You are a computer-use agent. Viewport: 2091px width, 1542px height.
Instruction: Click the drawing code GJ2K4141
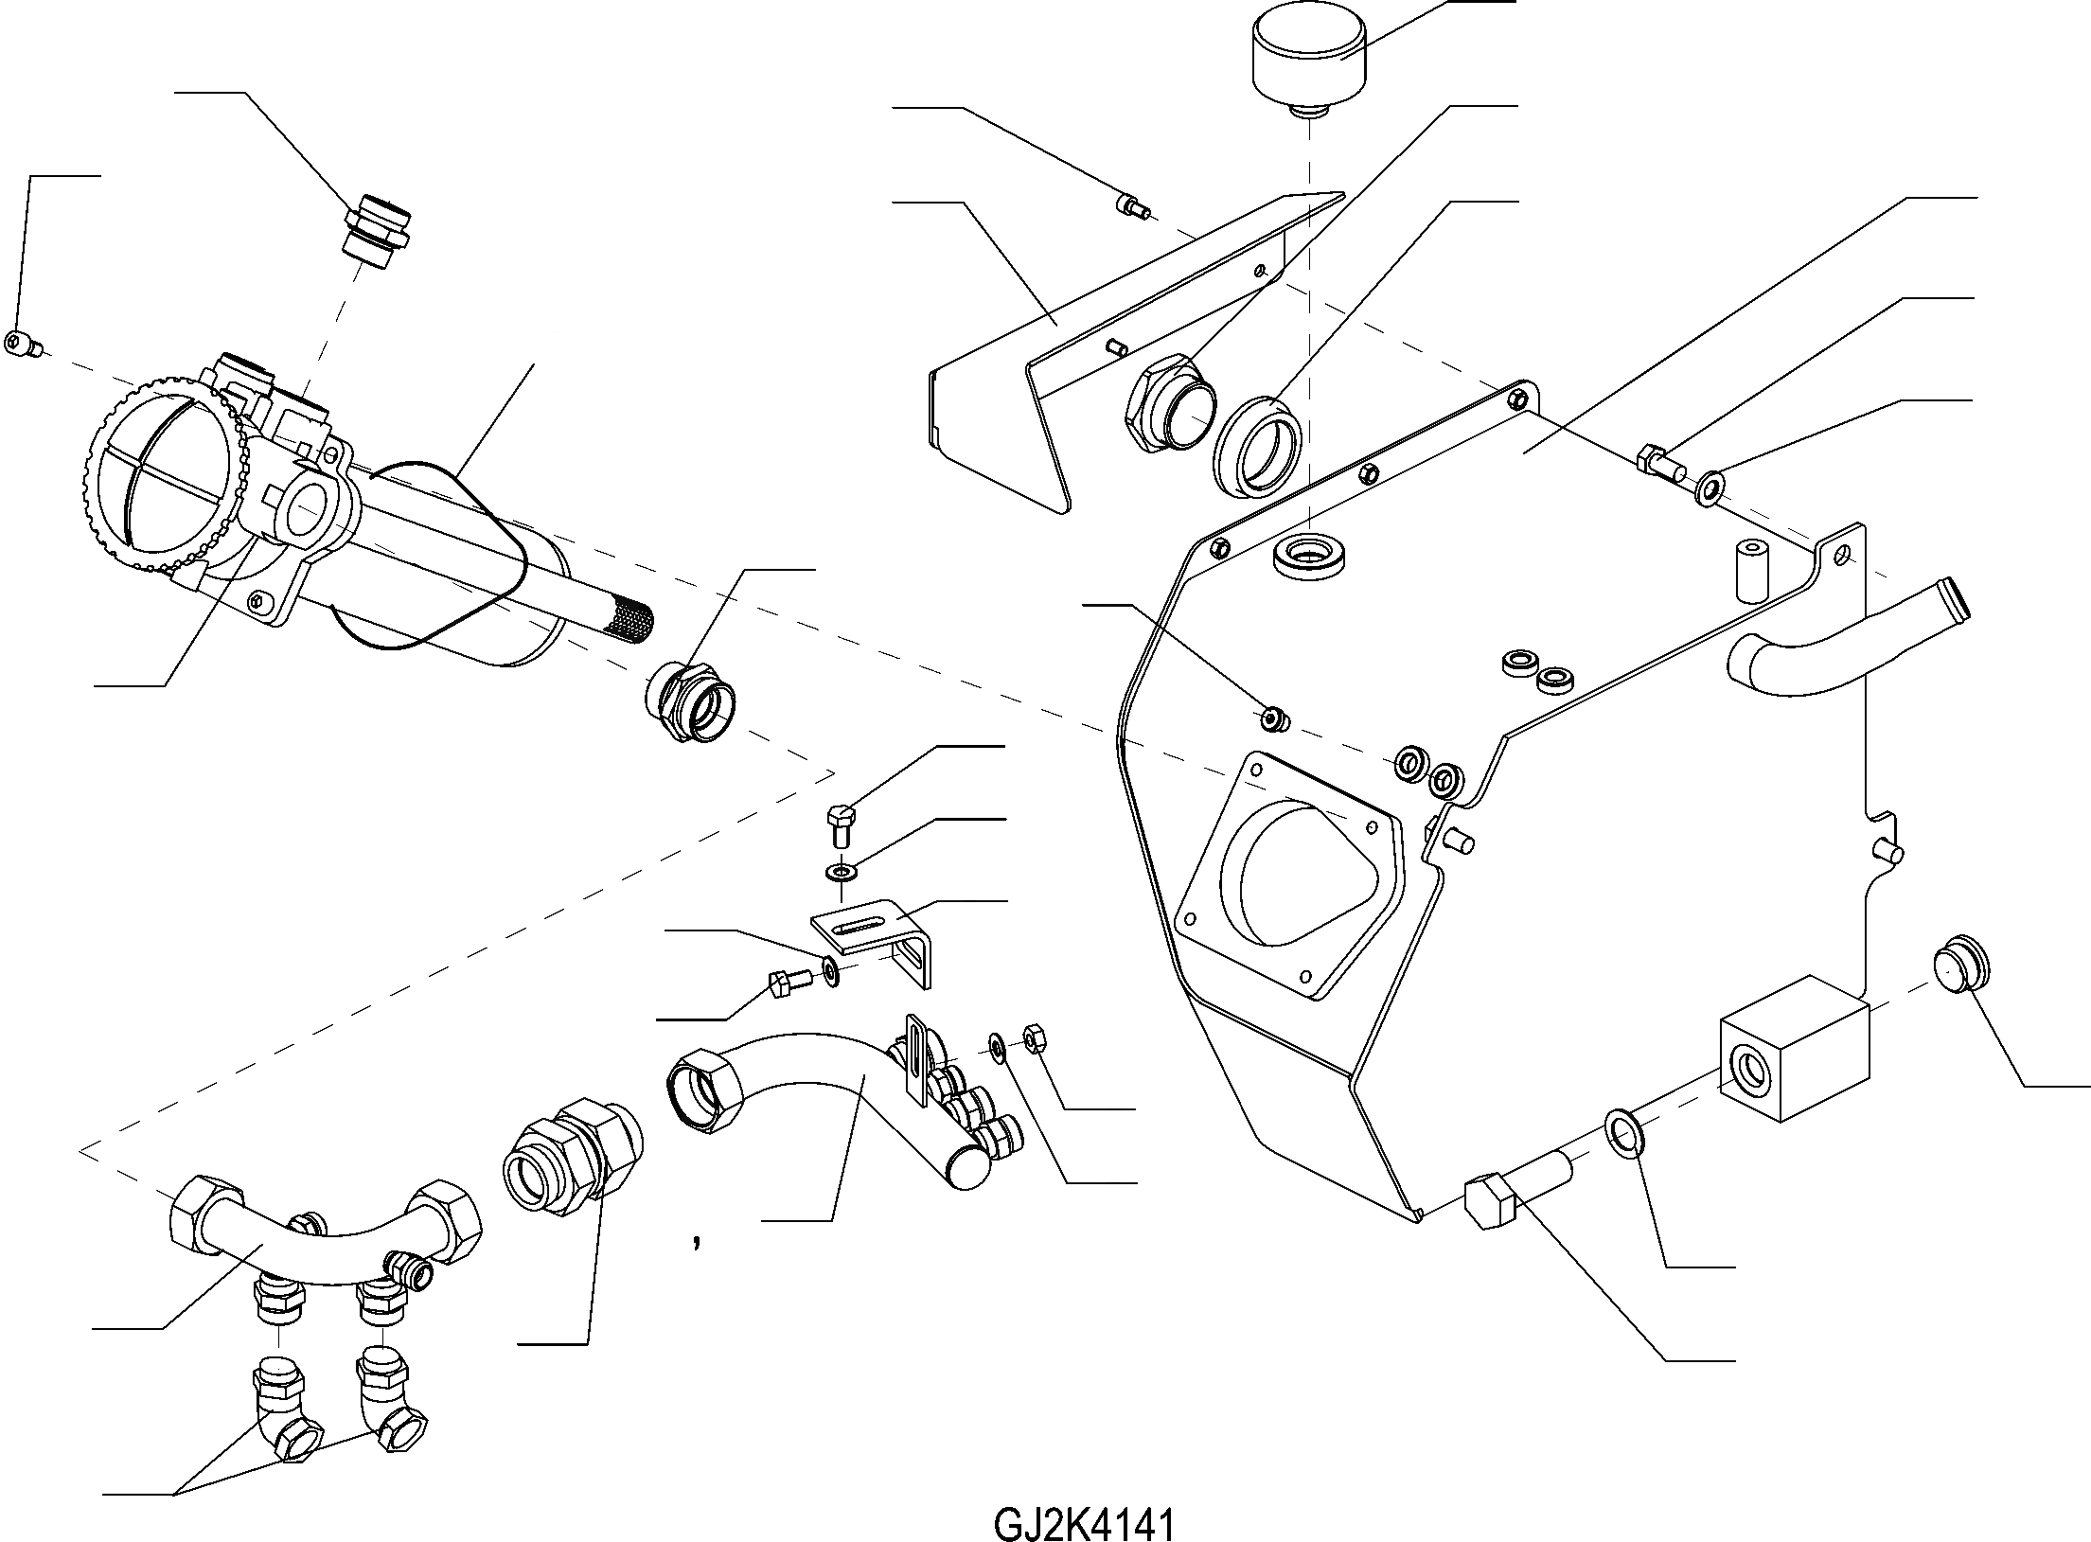tap(1084, 1499)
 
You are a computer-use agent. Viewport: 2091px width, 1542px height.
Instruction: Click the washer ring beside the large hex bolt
tap(1623, 1135)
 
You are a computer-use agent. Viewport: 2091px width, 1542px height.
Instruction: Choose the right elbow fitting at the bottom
tap(390, 1391)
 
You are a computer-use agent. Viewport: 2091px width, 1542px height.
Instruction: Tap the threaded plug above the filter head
tap(378, 233)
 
